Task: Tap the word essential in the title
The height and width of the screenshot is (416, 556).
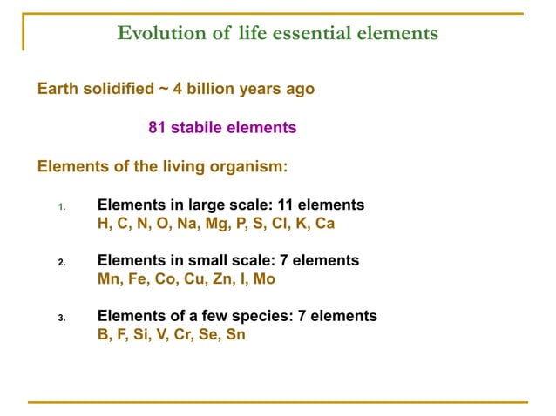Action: coord(313,34)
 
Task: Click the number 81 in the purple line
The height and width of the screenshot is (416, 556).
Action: coord(158,128)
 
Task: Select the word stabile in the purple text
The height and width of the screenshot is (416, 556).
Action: coord(198,128)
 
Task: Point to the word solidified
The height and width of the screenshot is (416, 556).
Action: coord(117,89)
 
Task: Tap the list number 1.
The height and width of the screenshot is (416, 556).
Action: coord(62,207)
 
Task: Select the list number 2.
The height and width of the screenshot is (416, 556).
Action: coord(62,262)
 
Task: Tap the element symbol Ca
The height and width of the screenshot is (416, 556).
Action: coord(324,224)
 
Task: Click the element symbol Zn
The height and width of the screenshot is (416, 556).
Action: coord(225,279)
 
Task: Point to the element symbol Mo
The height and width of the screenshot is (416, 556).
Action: coord(264,279)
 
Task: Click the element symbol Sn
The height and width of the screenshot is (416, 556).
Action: coord(234,335)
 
